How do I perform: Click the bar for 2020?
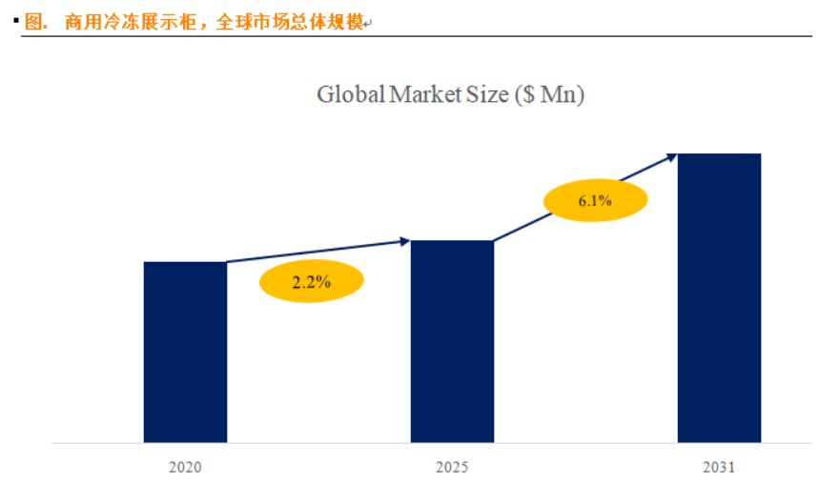(x=185, y=352)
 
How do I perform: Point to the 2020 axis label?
(x=185, y=468)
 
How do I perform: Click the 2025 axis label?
(x=452, y=468)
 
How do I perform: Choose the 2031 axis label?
(x=719, y=468)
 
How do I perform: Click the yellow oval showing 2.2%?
(x=311, y=281)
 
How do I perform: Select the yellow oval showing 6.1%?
(x=595, y=201)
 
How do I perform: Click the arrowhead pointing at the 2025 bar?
(x=406, y=241)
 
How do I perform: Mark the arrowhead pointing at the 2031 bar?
(x=672, y=154)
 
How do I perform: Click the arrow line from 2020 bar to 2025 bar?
(x=315, y=252)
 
